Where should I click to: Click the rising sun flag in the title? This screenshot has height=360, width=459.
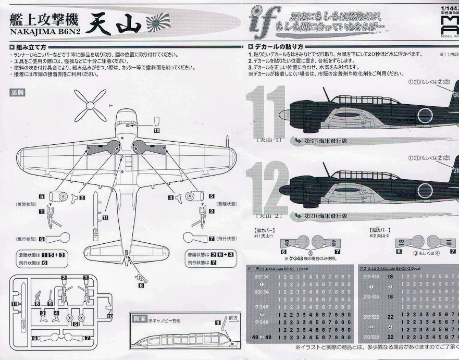tap(158, 21)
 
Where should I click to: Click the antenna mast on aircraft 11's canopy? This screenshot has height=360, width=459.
tap(326, 93)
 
